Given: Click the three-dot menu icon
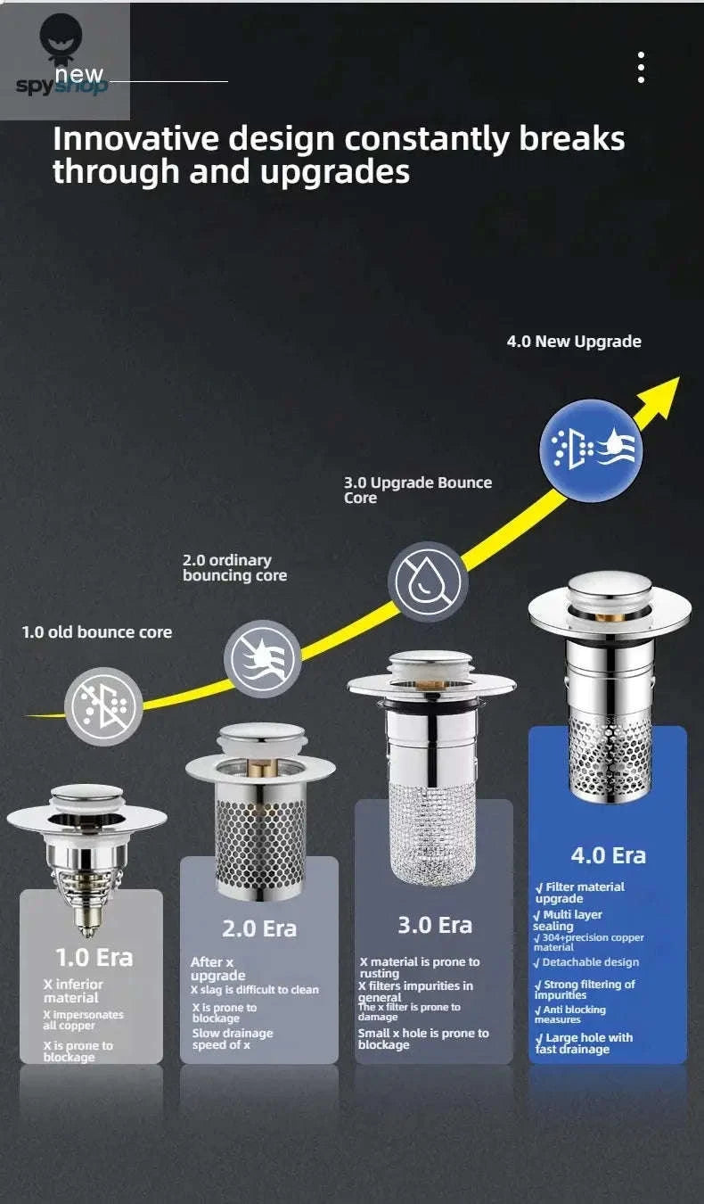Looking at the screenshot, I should click(641, 68).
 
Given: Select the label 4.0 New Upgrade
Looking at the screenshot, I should click(574, 342).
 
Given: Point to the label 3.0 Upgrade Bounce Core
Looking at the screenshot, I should click(418, 490).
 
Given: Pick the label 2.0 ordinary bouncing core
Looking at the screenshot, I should click(234, 568).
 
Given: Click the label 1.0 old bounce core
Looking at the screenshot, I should click(97, 632).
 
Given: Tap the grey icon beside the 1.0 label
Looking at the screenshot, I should click(105, 706).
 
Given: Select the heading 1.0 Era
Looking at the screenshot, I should click(94, 958).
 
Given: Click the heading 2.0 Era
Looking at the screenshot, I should click(258, 928).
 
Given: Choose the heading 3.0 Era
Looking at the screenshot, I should click(435, 925).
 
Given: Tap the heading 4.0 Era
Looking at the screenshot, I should click(609, 855).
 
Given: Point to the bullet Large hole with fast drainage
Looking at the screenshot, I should click(584, 1043).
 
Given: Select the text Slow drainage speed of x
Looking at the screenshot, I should click(232, 1039).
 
